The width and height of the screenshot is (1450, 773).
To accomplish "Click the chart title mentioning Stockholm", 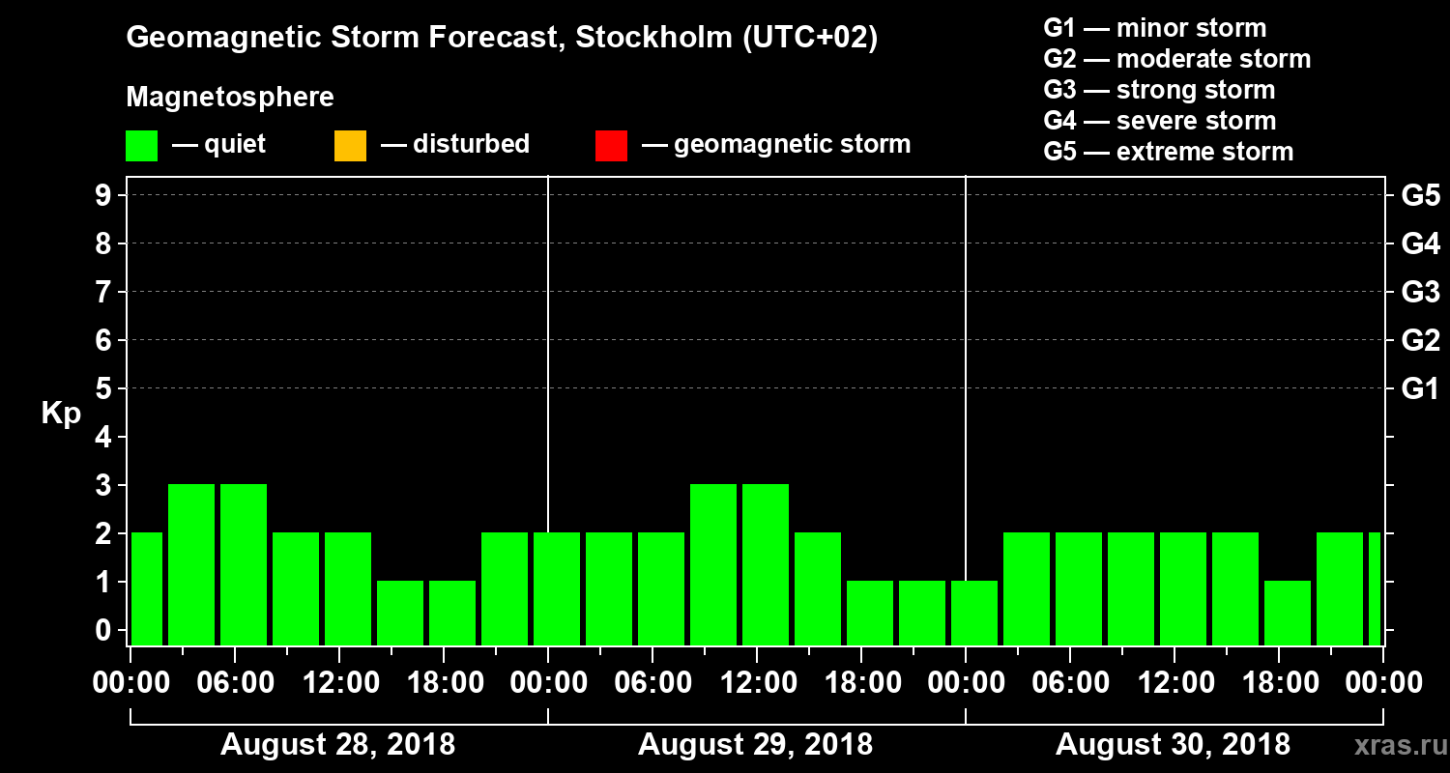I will point(502,39).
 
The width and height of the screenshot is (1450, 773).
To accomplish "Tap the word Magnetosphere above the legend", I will point(230,98).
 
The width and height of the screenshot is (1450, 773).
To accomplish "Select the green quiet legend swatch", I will point(141,146).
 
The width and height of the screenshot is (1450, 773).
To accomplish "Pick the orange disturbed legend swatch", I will point(350,146).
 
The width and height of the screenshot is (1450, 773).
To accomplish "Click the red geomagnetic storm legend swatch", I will point(611,146).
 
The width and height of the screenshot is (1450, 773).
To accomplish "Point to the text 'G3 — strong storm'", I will point(1159,90).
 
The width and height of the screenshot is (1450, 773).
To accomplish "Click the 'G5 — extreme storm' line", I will point(1168,152).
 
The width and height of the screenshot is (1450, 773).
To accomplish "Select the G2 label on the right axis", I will point(1420,340).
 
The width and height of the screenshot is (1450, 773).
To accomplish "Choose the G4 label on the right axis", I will point(1420,243).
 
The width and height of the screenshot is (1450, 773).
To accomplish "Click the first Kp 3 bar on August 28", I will point(191,564).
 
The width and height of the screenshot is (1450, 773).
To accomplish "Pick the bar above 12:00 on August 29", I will point(766,564).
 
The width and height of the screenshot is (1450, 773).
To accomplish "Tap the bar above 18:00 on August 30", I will point(1288,613).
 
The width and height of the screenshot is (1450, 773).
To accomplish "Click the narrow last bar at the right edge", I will point(1375,588).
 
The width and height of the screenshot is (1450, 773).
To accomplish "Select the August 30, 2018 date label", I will point(1173,745).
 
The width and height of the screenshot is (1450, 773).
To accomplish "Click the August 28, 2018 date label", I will point(338,745).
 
